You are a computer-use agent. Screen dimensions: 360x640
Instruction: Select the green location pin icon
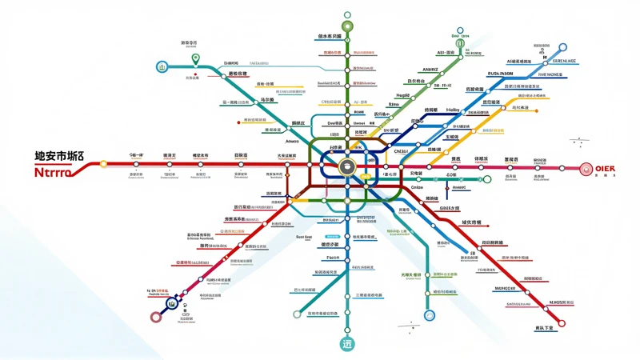(194, 58)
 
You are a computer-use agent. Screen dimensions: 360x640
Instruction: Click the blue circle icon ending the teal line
(162, 66)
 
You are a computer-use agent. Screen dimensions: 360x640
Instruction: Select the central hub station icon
(348, 166)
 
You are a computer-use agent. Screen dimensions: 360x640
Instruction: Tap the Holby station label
(452, 110)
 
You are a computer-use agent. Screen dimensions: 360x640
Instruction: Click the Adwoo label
(286, 141)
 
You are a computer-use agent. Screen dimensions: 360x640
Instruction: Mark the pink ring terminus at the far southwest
(156, 317)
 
